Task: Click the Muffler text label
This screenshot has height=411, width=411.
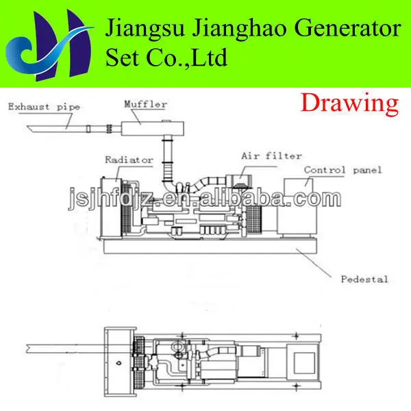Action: [145, 104]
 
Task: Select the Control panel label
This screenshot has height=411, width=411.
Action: [342, 169]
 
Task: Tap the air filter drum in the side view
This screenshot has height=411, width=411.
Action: [241, 180]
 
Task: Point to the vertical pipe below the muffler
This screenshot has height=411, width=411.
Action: [164, 161]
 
